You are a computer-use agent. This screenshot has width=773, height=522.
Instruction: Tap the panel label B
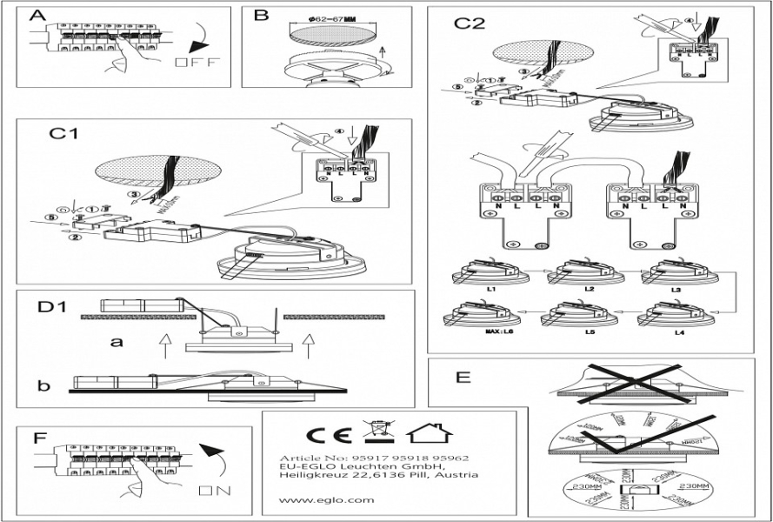pos(261,16)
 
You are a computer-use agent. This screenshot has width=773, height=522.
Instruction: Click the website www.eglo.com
pos(315,499)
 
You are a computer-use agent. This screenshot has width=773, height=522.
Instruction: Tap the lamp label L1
pos(490,287)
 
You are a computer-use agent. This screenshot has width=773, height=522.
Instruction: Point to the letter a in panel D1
pos(116,342)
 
